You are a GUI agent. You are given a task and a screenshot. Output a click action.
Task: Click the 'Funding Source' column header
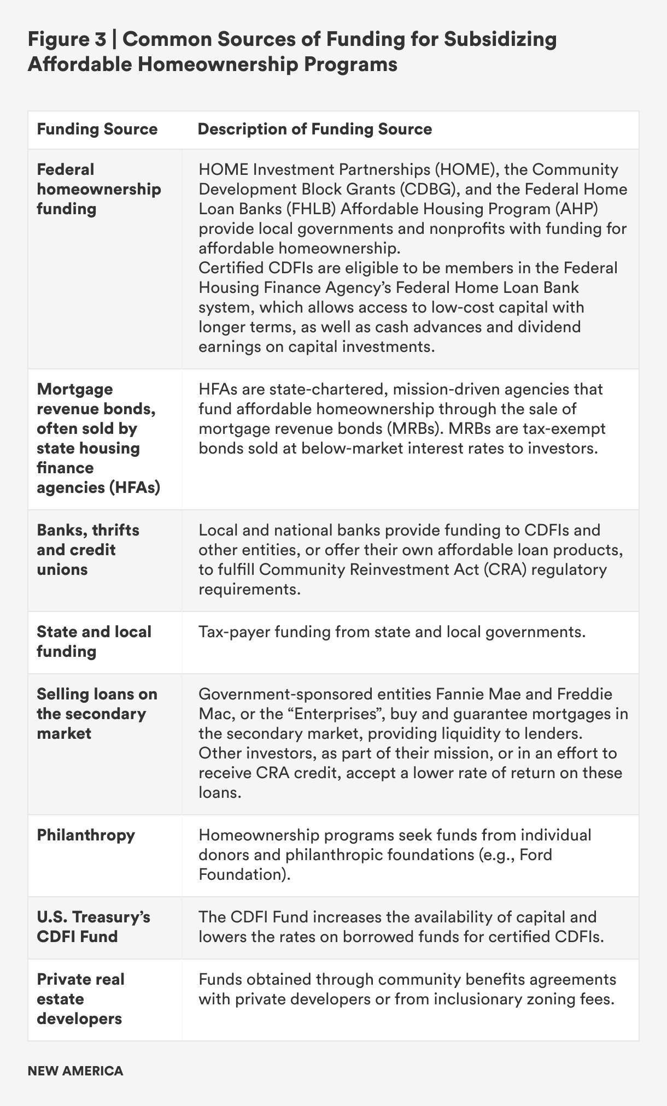point(97,130)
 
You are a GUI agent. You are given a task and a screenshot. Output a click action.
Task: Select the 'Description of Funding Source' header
point(314,130)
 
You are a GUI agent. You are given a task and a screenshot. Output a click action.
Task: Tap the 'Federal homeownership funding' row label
point(98,189)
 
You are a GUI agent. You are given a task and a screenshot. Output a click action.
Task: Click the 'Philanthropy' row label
point(86,835)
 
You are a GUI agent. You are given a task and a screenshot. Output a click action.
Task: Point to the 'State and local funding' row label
point(94,642)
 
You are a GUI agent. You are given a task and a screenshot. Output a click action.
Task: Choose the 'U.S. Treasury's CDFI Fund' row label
point(93,926)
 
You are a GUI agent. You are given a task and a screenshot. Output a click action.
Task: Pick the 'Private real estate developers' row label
point(80,999)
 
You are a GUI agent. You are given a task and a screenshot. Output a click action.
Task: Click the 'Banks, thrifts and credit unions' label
point(88,550)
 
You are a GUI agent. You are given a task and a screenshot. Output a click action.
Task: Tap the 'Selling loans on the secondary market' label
point(97,714)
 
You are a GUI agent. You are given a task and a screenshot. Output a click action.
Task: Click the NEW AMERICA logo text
point(75,1071)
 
